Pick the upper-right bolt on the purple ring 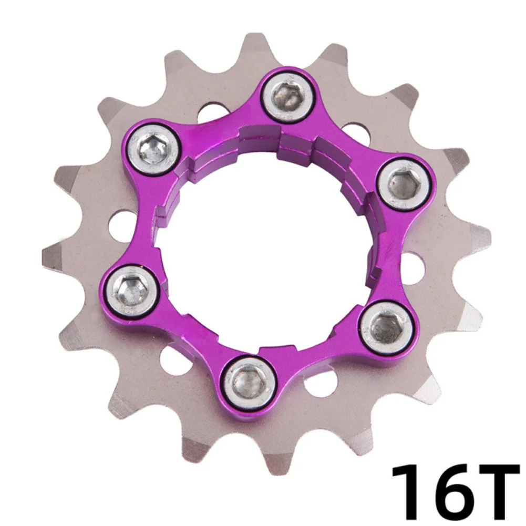405,184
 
